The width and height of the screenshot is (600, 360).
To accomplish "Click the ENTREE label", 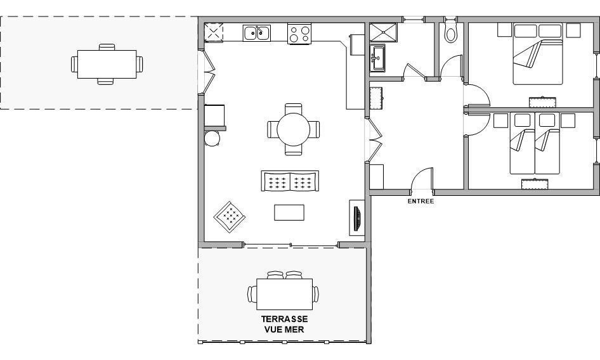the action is (421, 202).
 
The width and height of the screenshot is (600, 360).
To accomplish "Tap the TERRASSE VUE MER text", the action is (284, 324).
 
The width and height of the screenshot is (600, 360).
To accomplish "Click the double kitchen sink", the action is (257, 33).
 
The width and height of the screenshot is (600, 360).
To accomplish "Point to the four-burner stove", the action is (299, 34).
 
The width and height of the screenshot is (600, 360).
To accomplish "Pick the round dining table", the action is (294, 129).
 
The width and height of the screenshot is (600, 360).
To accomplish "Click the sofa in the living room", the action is (290, 181).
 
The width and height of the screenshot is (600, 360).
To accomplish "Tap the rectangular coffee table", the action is (289, 212).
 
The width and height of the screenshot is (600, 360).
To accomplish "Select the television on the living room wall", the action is (357, 219).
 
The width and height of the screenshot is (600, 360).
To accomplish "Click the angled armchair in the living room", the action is (230, 217).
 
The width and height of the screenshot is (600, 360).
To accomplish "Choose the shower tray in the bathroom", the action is (384, 32).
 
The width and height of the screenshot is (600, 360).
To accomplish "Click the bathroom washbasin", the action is (379, 58).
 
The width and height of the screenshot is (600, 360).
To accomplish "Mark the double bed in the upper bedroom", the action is (538, 54).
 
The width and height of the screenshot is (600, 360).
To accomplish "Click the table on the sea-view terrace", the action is (284, 294).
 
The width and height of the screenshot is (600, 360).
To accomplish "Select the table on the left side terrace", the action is (107, 64).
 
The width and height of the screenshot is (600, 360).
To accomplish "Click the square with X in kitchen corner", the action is (214, 32).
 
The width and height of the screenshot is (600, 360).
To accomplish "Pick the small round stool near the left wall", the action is (212, 139).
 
